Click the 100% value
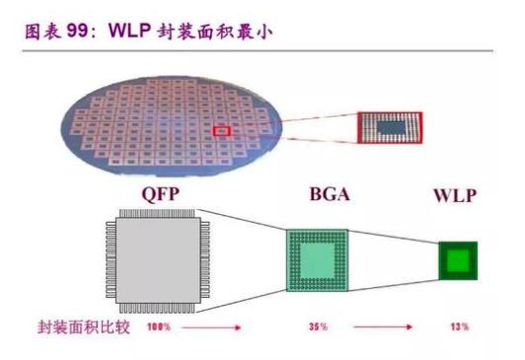pos(160,324)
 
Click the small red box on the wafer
pos(222,129)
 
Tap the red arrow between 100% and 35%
pos(232,324)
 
